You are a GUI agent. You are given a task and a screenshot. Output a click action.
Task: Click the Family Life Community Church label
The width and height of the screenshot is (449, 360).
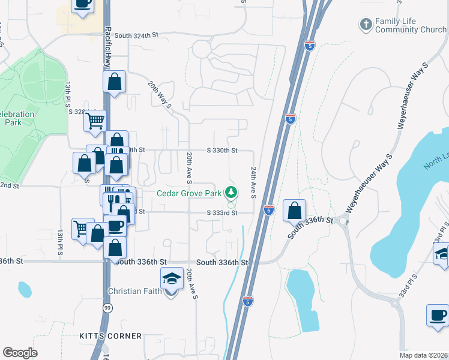411,25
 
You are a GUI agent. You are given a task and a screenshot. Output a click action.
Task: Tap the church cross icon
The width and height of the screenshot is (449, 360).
366,25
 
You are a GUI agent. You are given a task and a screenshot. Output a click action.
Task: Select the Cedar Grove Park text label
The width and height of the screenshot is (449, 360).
190,193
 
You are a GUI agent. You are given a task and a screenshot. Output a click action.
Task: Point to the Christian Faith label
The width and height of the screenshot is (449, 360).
137,292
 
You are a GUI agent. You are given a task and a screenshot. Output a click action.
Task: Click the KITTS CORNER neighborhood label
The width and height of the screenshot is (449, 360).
110,336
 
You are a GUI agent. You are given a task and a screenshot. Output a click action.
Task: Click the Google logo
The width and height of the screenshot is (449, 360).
20,353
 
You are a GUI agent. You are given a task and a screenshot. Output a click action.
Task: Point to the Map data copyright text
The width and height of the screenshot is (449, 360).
424,355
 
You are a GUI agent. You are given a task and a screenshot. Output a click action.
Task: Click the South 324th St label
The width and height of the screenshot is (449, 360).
139,35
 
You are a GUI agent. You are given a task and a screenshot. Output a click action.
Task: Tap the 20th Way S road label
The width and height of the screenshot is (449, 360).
160,95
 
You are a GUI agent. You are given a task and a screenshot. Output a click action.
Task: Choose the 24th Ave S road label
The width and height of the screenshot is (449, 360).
254,182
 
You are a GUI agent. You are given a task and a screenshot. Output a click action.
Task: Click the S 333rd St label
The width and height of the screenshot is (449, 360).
222,212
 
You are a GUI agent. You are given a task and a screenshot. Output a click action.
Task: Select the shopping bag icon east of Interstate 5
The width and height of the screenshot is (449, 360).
294,211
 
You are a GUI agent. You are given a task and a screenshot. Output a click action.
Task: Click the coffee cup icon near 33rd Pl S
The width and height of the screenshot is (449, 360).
437,315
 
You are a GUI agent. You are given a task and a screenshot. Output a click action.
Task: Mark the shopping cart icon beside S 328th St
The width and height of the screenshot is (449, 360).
95,121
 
